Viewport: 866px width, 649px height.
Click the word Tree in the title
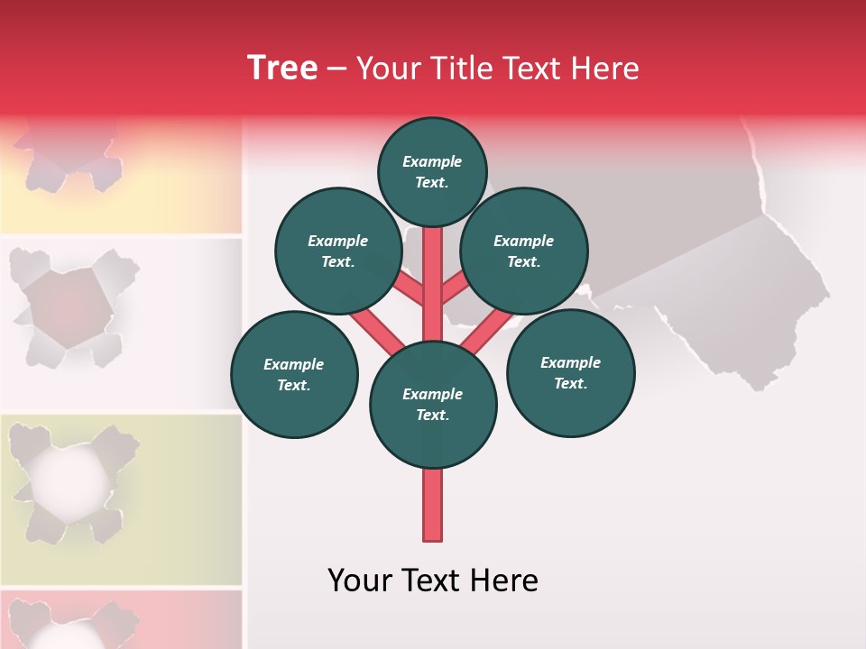(x=282, y=68)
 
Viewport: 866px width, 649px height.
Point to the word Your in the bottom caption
(x=360, y=580)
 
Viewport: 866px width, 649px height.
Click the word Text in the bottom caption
(x=432, y=580)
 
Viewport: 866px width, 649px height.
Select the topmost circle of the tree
(x=432, y=171)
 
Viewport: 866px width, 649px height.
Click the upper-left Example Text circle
(x=338, y=251)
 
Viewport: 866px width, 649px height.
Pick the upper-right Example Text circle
(x=524, y=251)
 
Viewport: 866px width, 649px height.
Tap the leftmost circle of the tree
(x=294, y=374)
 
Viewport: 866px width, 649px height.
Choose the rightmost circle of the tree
(x=570, y=372)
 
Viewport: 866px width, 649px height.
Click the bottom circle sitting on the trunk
(x=433, y=404)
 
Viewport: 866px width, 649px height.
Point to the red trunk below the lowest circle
(x=433, y=505)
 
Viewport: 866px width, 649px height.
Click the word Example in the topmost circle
(x=432, y=161)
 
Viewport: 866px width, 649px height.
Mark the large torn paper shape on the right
(x=722, y=270)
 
